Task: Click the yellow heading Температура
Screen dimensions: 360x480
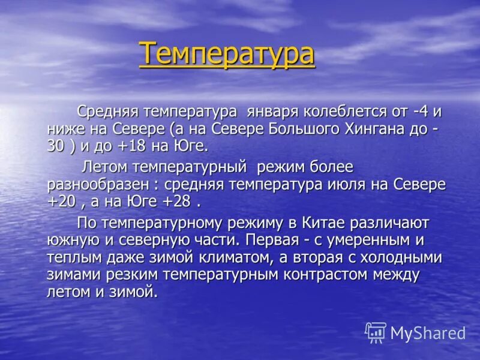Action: point(227,53)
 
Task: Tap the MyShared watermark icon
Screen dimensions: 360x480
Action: point(376,332)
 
